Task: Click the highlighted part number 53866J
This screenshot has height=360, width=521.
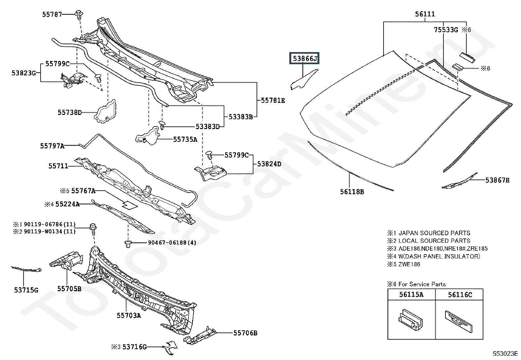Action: coord(304,58)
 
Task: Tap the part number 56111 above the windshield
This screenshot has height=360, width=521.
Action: coord(425,14)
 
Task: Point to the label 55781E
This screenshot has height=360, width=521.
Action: coord(273,101)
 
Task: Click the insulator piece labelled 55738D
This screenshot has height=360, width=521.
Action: coord(105,112)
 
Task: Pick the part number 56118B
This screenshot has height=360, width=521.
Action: coord(352,192)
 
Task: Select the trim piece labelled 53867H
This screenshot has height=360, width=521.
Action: coord(459,181)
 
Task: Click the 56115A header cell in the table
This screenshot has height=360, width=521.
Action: coord(411,294)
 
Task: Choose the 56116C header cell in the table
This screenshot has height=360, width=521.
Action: coord(459,294)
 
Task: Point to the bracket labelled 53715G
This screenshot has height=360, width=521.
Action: coord(26,269)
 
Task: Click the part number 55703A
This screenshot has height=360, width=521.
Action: coord(129,315)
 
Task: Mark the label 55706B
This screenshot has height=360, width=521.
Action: coord(245,333)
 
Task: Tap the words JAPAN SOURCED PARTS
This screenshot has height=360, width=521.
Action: coord(434,233)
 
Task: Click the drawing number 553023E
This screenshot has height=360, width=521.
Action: coord(505,353)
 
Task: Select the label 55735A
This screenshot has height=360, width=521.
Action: coord(185,140)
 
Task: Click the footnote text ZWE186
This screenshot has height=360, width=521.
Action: coord(409,264)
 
